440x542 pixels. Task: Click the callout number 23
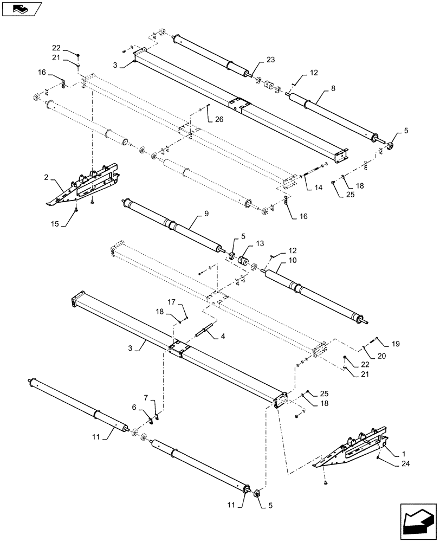pos(271,60)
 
